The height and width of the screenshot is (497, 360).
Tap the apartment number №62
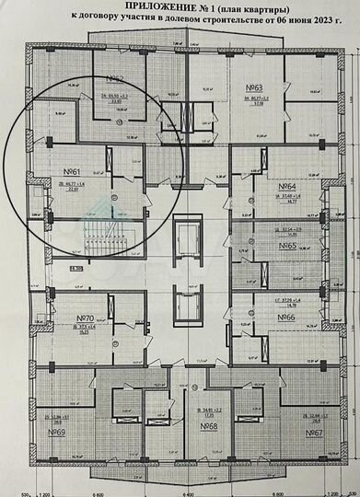(x=116, y=79)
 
